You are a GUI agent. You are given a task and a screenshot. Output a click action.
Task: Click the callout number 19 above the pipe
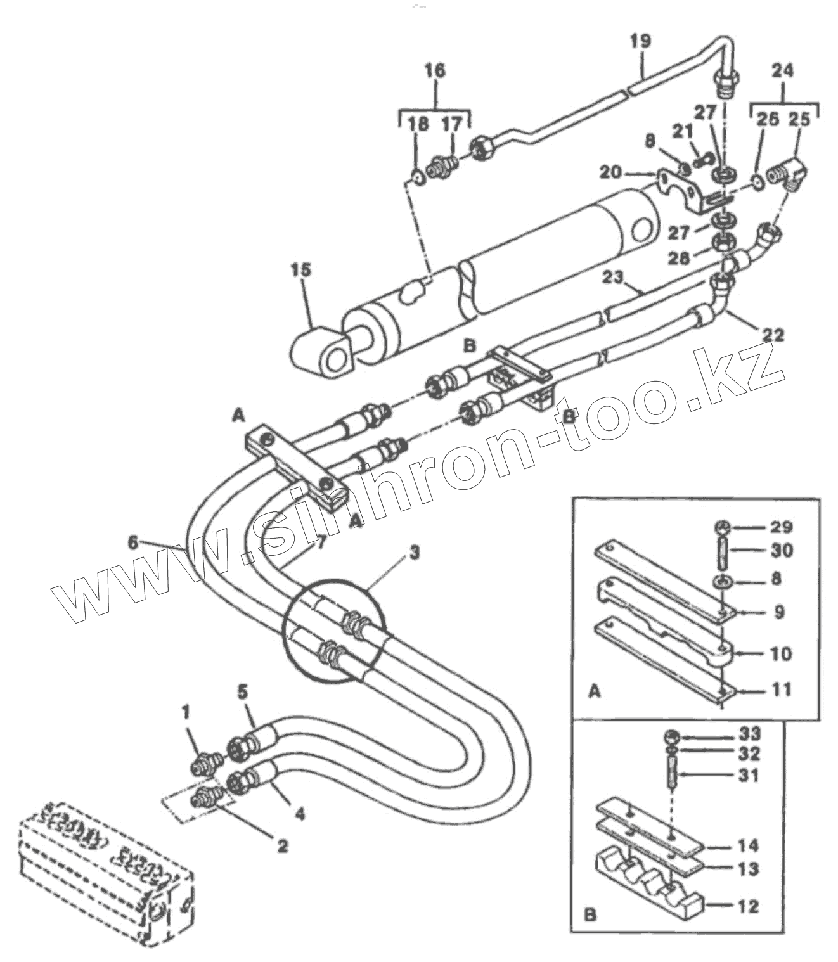(x=640, y=42)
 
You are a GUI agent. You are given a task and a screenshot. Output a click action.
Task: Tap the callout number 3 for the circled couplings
(x=413, y=553)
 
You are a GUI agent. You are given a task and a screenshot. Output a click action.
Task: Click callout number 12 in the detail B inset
(x=748, y=906)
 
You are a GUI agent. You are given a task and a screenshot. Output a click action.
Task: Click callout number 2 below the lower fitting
(x=282, y=845)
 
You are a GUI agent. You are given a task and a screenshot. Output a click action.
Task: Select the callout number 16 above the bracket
(x=435, y=70)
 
